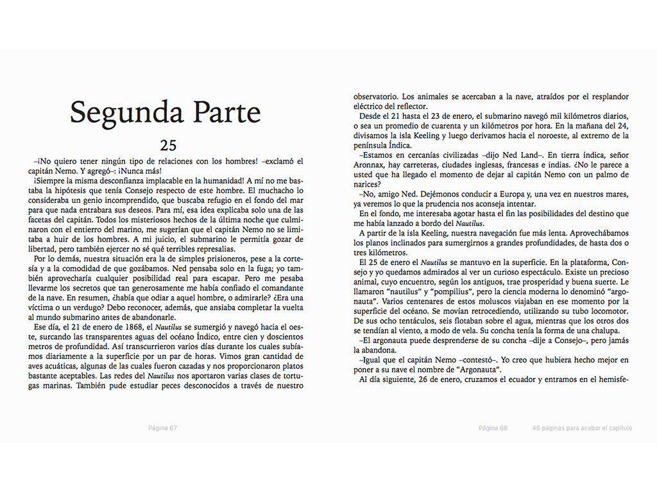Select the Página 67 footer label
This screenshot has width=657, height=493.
click(162, 428)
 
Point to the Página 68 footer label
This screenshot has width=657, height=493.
click(493, 428)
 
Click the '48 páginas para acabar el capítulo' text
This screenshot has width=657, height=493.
click(582, 428)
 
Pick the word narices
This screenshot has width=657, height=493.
click(367, 185)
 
